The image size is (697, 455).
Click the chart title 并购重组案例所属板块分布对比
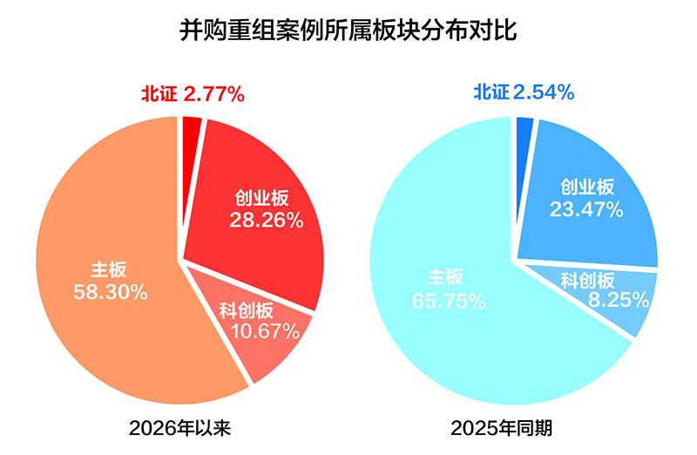tap(348, 32)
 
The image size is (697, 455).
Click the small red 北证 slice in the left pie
tap(192, 128)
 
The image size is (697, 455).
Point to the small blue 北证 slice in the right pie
tap(524, 129)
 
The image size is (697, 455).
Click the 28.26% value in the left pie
tap(266, 221)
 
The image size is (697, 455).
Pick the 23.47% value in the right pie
tap(586, 209)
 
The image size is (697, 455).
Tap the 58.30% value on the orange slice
tap(109, 292)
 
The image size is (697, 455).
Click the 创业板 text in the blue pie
tap(587, 187)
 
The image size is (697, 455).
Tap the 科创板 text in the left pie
tap(247, 310)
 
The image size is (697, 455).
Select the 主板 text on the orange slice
tap(107, 270)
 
